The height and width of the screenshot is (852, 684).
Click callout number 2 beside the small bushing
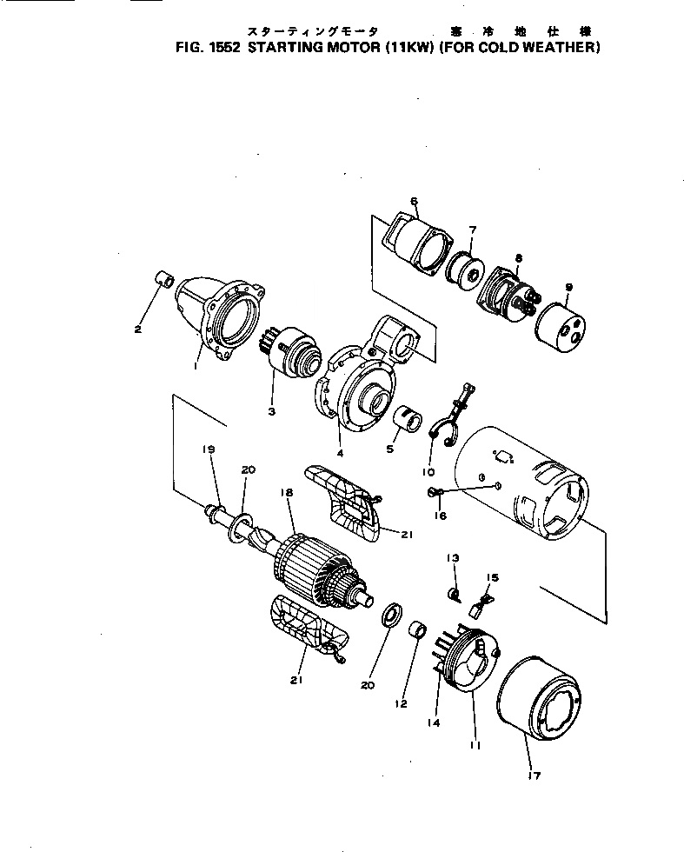[x=137, y=329]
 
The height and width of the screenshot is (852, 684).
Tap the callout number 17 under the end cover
[x=533, y=775]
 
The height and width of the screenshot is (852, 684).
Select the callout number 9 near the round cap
[x=568, y=287]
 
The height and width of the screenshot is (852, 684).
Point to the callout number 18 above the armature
[x=284, y=493]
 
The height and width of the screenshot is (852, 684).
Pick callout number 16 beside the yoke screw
[x=441, y=516]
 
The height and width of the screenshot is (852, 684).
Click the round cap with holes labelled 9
[x=559, y=323]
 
